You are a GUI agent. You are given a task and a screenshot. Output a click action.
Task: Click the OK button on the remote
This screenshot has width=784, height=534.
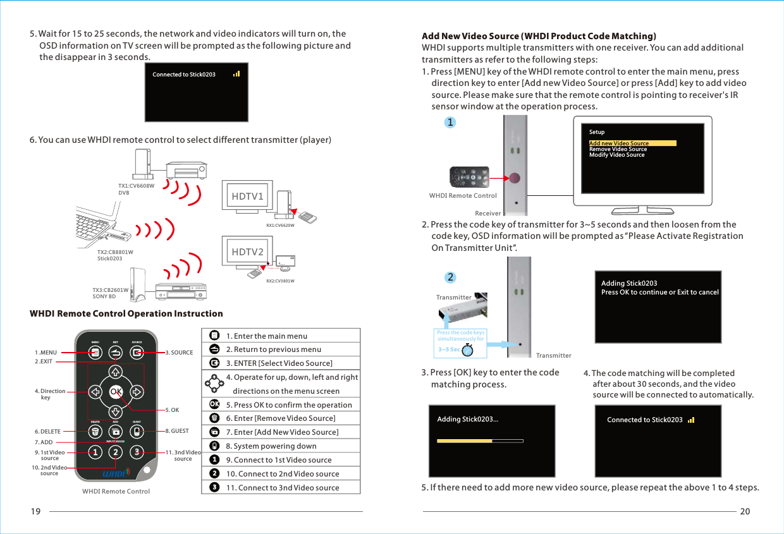coord(115,391)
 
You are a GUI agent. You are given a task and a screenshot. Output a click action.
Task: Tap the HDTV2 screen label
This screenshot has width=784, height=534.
coord(247,252)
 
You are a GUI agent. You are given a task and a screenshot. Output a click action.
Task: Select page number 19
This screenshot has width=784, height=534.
coord(35,512)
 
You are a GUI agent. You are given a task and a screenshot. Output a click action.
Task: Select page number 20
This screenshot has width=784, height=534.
coord(745,512)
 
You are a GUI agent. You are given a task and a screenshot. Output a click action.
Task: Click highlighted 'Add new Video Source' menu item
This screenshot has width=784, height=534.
coord(619,143)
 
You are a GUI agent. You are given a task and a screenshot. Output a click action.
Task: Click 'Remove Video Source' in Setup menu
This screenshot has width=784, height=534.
coord(618,149)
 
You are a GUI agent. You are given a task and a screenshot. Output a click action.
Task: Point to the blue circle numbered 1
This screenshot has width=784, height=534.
coord(450,123)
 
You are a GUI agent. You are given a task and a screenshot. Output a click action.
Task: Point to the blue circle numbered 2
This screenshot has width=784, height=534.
coord(450,277)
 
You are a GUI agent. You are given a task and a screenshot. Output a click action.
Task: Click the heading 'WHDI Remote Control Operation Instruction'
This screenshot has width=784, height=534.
coord(126,313)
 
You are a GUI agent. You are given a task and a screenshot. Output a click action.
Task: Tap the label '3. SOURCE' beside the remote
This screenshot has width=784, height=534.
coord(179,353)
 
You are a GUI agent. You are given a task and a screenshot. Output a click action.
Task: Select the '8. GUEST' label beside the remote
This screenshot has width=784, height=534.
coord(176,431)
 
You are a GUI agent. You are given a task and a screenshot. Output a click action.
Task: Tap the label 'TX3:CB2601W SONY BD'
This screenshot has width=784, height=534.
coord(110,293)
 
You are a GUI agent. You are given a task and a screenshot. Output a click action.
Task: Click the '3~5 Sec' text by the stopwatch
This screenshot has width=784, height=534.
coord(449,349)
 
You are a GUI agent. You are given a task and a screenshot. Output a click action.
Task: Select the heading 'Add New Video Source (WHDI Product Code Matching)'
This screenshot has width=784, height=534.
coord(539,35)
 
